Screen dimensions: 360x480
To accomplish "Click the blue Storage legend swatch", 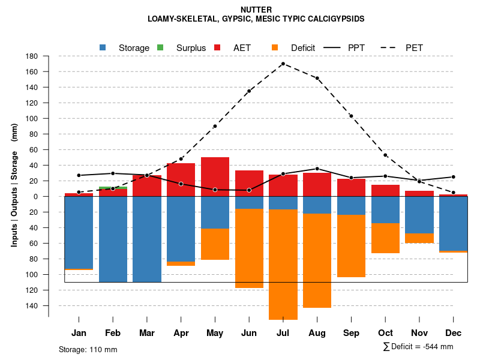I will point(103,47).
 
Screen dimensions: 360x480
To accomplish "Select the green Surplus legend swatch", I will point(160,47).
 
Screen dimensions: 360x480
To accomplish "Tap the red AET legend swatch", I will point(217,47).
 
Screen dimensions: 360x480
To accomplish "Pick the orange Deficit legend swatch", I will point(275,47).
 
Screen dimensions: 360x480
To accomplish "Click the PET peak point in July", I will point(283,64).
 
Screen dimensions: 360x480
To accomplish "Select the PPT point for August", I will point(317,169).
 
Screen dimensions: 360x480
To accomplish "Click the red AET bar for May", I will point(215,176).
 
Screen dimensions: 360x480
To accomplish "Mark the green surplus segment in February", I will point(113,188).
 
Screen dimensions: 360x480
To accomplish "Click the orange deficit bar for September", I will point(351,246).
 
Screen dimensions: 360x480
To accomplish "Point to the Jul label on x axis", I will point(283,333).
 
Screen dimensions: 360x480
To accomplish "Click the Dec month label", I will point(454,333).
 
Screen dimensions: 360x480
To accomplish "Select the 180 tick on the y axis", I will point(32,56).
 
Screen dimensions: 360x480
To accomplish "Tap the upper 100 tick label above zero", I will point(32,119).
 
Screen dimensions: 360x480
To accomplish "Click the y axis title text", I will point(14,185).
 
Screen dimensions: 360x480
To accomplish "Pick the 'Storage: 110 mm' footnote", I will point(88,349).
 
